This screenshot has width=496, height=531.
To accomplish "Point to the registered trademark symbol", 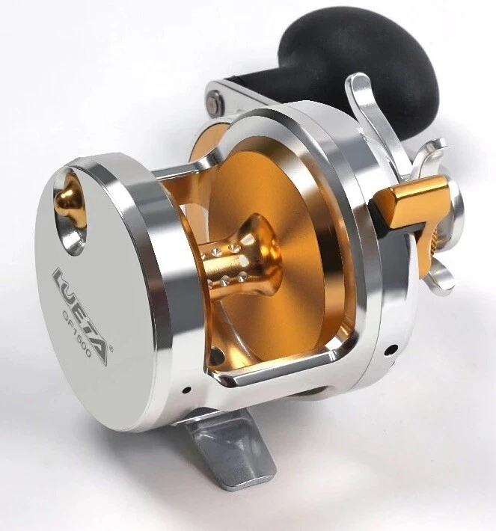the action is pyautogui.click(x=111, y=351).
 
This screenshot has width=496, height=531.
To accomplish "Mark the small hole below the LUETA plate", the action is pyautogui.click(x=186, y=390).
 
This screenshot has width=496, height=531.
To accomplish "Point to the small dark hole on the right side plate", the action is pyautogui.click(x=392, y=348).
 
